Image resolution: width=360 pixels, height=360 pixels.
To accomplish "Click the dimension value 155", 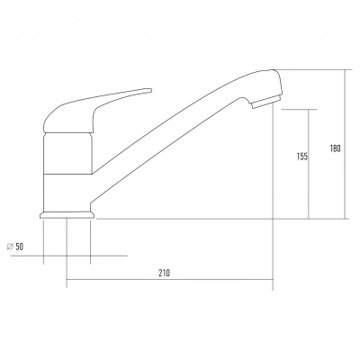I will pyautogui.click(x=301, y=157).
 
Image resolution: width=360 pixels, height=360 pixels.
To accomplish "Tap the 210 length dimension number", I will pyautogui.click(x=164, y=273).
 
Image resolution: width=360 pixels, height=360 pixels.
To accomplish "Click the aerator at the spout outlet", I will pyautogui.click(x=260, y=103).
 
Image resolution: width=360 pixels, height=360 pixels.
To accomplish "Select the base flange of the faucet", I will pyautogui.click(x=67, y=214).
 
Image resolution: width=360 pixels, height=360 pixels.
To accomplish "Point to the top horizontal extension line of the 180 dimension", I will pyautogui.click(x=315, y=70).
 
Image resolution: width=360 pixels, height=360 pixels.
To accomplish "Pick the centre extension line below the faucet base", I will pyautogui.click(x=67, y=247).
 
